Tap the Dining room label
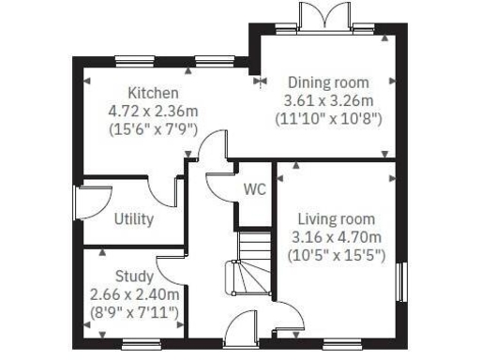pos(328,82)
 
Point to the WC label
pos(255,188)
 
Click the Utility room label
pos(134,219)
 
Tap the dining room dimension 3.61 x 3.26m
pos(328,99)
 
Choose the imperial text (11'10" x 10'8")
pos(328,118)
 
